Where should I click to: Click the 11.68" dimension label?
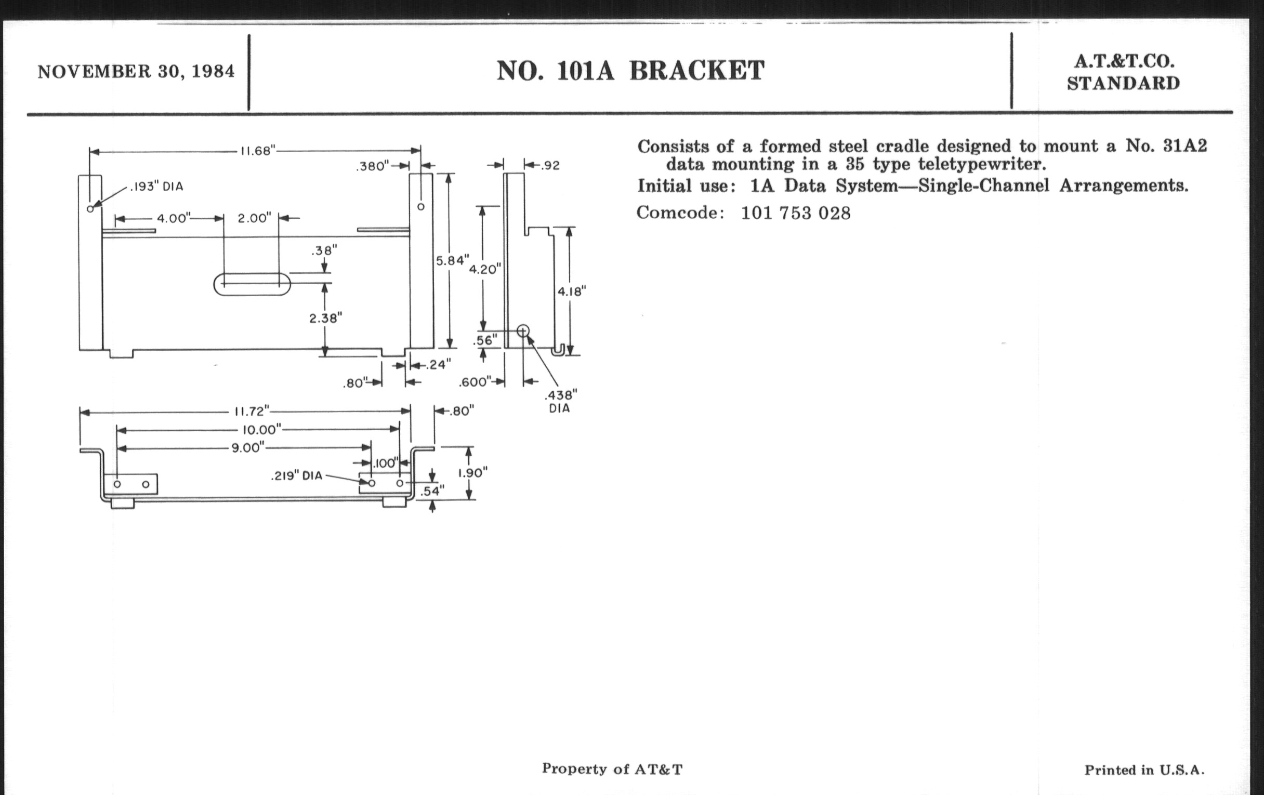(x=258, y=151)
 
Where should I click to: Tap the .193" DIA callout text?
(x=156, y=187)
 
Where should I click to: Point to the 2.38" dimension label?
(x=325, y=317)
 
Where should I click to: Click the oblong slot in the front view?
(x=252, y=284)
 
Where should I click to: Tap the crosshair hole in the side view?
(x=523, y=330)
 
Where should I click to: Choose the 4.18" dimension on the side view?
(x=572, y=292)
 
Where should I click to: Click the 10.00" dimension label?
(x=262, y=430)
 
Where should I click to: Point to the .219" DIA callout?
(x=297, y=475)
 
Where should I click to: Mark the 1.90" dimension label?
(x=472, y=473)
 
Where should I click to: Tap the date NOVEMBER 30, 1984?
(x=136, y=71)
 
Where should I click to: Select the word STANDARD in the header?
(x=1123, y=84)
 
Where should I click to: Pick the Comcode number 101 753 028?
(x=795, y=213)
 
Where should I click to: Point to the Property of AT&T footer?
(x=612, y=770)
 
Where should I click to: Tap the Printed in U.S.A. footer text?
(x=1144, y=771)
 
